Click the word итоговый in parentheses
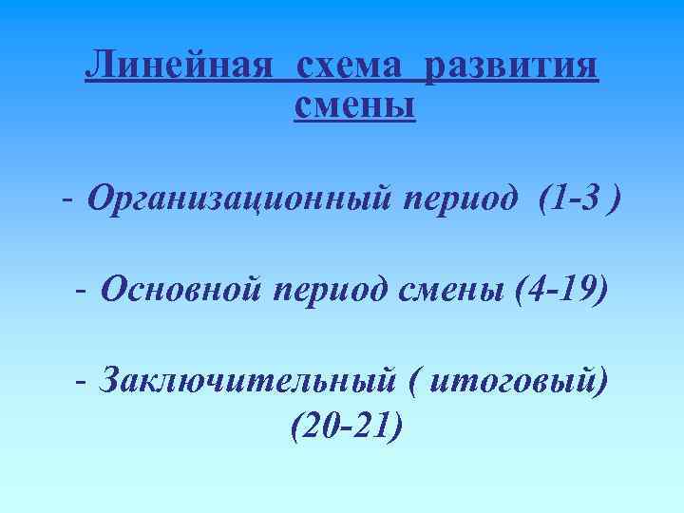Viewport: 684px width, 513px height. pos(510,381)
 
